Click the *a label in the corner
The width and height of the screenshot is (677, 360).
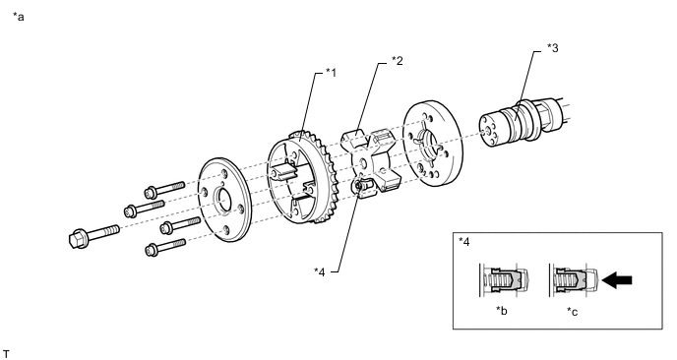[19, 17]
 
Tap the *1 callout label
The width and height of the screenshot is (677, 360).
[331, 72]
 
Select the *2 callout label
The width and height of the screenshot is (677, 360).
[398, 60]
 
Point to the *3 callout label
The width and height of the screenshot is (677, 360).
[553, 47]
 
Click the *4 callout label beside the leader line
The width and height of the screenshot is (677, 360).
[320, 271]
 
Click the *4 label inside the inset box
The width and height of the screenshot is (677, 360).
[464, 241]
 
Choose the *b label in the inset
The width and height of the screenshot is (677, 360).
[501, 311]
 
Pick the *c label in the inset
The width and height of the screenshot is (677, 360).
[572, 311]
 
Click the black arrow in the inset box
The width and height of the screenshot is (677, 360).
[617, 280]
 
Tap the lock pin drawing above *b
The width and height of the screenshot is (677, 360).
[504, 279]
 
